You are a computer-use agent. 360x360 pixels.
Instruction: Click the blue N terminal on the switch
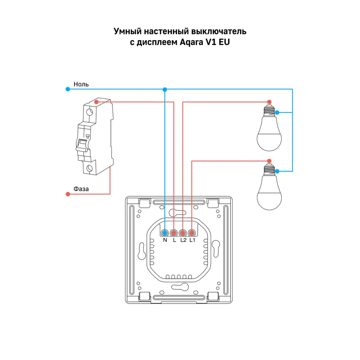coord(165,233)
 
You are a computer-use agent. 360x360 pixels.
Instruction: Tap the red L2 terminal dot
coord(183,233)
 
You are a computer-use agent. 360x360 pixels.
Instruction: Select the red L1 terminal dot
coord(192,233)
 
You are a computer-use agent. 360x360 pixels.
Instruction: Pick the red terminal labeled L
coord(174,233)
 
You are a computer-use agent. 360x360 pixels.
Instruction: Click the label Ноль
coord(81,84)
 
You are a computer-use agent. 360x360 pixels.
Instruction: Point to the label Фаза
coord(81,189)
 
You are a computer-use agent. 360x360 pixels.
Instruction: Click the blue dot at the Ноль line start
coord(68,89)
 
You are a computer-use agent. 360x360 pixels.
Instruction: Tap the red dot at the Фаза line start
coord(68,194)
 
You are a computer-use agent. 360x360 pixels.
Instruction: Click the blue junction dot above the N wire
coord(165,90)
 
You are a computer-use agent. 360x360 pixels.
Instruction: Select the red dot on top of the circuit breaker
coord(96,102)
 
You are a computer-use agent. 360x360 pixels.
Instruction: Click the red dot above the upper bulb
coord(269,102)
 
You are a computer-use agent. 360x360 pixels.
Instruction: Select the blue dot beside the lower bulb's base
coord(277,171)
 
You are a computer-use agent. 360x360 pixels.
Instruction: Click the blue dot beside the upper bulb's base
coord(277,112)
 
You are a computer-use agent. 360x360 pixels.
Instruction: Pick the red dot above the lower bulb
coord(269,161)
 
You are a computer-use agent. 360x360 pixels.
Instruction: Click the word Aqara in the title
coord(192,42)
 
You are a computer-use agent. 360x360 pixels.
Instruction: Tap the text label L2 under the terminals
coord(184,240)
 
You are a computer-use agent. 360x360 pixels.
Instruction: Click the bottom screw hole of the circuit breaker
coord(89,168)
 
